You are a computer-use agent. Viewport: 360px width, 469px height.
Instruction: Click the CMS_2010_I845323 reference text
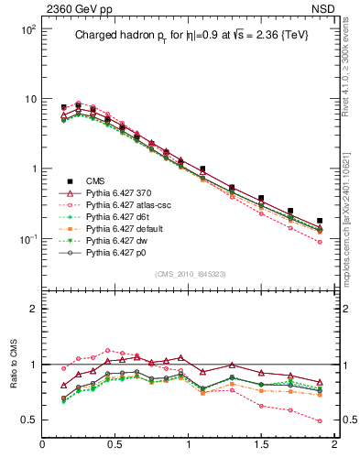(189, 274)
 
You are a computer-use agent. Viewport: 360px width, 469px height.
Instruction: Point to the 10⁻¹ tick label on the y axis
(28, 238)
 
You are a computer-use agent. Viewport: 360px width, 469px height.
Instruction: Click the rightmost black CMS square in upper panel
(320, 221)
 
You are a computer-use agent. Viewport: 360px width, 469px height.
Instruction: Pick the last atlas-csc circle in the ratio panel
(320, 421)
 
